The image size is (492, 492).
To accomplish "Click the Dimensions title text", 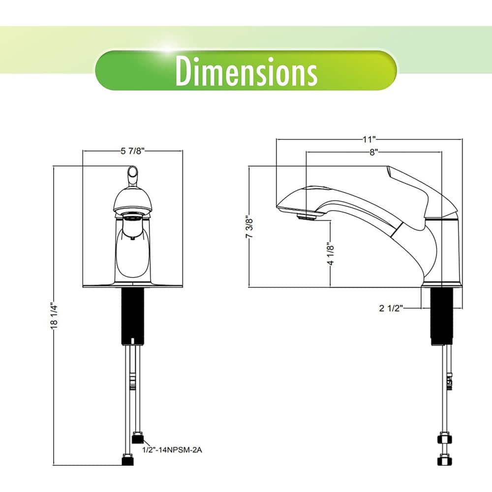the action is point(246,71).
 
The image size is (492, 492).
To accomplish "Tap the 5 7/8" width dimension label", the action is point(132,151).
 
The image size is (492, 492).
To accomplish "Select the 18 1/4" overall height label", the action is point(54,316).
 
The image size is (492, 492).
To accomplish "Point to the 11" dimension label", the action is point(369,139).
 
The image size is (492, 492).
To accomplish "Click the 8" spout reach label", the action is point(373,152).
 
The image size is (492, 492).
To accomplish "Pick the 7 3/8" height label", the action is point(249,227).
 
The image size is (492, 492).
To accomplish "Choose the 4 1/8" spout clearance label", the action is point(331,254).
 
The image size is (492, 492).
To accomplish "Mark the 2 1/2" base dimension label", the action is point(391,308).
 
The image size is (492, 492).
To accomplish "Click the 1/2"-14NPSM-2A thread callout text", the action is point(172,450).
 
